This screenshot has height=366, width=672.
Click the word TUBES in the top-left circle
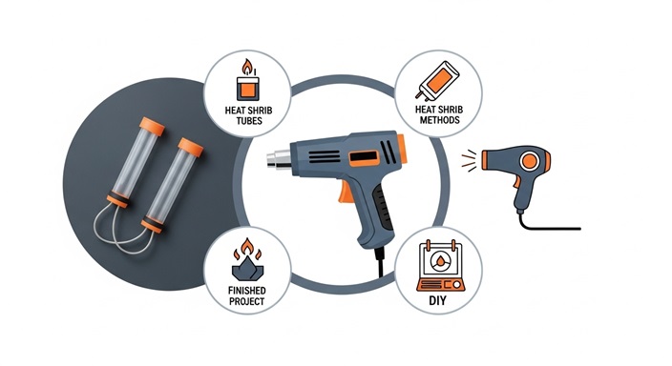[x=249, y=121]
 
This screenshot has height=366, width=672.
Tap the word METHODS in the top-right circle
[x=439, y=120]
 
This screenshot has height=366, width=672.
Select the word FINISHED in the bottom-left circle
[x=247, y=291]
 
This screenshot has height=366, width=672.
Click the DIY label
[x=437, y=300]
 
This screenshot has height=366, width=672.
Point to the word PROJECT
[x=247, y=302]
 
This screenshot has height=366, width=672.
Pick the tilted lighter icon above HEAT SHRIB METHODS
[x=437, y=80]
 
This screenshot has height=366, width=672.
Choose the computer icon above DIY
[x=441, y=266]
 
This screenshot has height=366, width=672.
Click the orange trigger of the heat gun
[x=345, y=193]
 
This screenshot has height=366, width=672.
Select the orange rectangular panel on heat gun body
[x=364, y=158]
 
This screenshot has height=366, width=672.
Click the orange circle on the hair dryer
[x=530, y=161]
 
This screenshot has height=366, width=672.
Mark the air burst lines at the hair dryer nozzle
[x=469, y=160]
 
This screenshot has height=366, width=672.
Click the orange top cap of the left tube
[x=152, y=126]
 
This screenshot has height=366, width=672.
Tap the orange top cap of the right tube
[x=191, y=147]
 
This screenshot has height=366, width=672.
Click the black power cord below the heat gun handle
[x=380, y=262]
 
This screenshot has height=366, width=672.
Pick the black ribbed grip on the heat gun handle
[x=384, y=209]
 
